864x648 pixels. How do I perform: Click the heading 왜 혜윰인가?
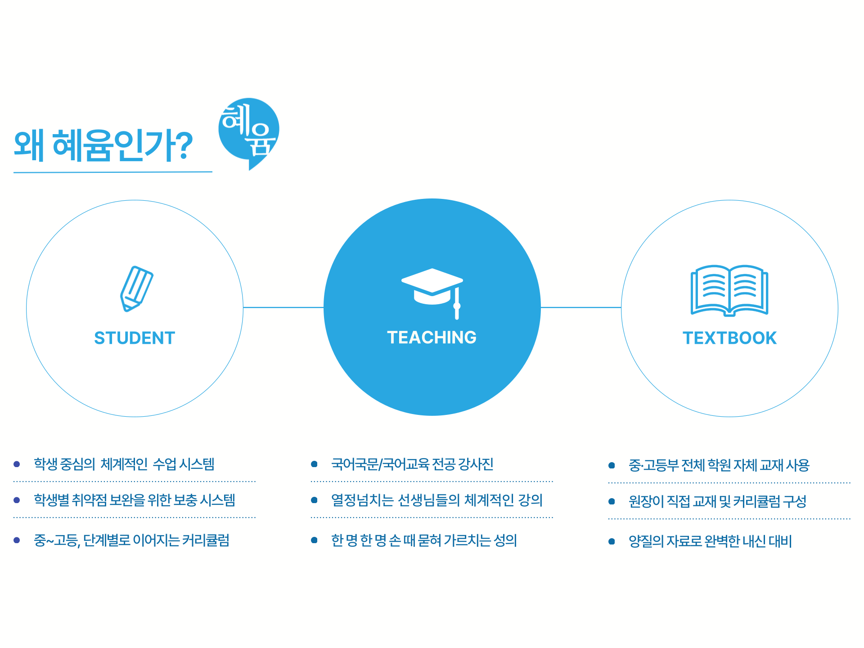pyautogui.click(x=103, y=145)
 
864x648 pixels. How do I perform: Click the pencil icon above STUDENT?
pyautogui.click(x=136, y=288)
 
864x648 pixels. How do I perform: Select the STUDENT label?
pyautogui.click(x=135, y=338)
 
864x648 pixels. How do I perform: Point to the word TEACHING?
pyautogui.click(x=432, y=337)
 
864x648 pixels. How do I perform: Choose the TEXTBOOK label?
pyautogui.click(x=729, y=338)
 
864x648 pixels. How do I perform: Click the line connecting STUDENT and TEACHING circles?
pyautogui.click(x=283, y=307)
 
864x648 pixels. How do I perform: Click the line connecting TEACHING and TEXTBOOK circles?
pyautogui.click(x=581, y=307)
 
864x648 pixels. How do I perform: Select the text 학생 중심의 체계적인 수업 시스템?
pyautogui.click(x=124, y=464)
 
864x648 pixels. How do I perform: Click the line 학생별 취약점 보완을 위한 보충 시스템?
pyautogui.click(x=135, y=500)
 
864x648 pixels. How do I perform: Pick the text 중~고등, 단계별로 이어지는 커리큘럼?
pyautogui.click(x=132, y=540)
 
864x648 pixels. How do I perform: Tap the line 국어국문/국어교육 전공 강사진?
pyautogui.click(x=412, y=464)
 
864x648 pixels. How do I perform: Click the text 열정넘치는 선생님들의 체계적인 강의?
pyautogui.click(x=437, y=500)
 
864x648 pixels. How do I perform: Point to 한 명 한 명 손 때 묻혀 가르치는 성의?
pyautogui.click(x=424, y=540)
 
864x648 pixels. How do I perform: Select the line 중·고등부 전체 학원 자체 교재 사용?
pyautogui.click(x=719, y=465)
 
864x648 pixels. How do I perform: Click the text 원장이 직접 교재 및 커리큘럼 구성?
pyautogui.click(x=717, y=501)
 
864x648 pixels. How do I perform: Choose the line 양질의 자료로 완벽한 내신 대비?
pyautogui.click(x=710, y=541)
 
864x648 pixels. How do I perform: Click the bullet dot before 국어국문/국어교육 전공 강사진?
pyautogui.click(x=315, y=464)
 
